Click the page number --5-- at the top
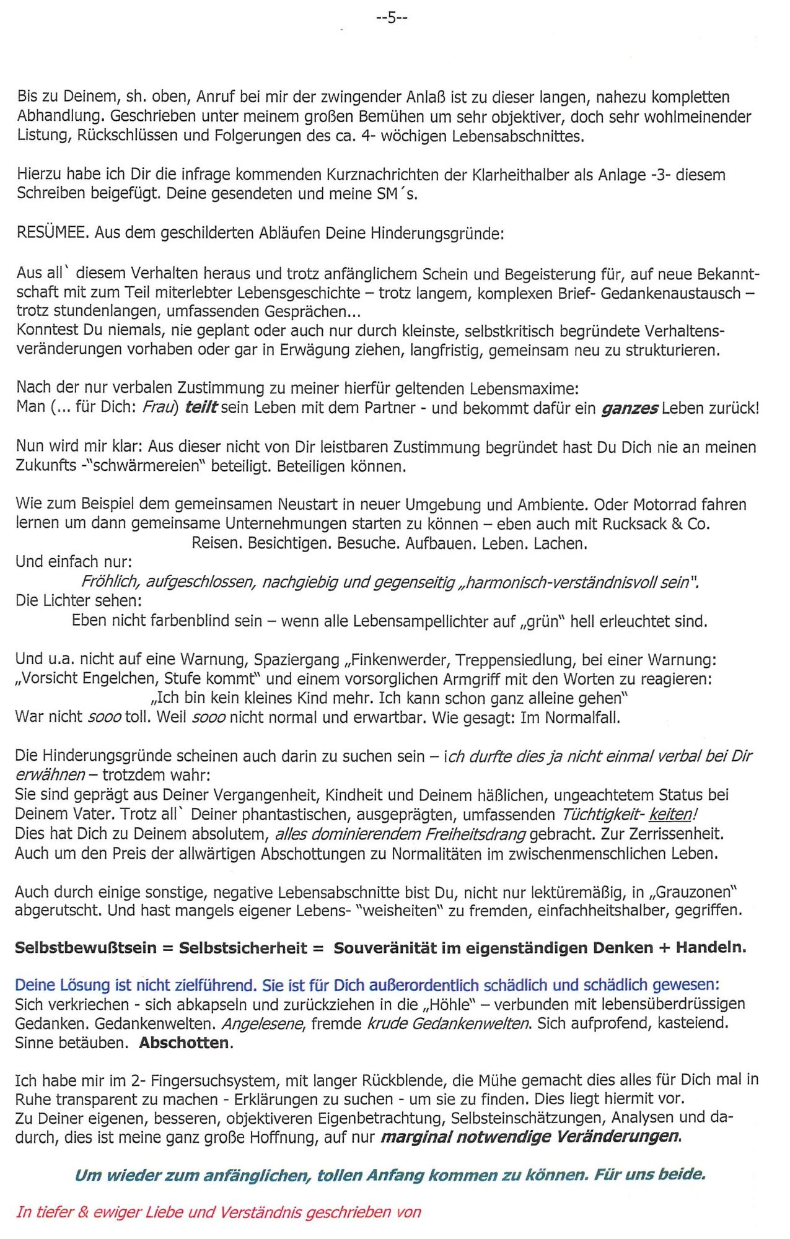(x=392, y=18)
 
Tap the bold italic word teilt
(x=201, y=408)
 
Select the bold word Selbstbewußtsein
(x=86, y=948)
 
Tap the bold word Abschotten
(x=184, y=1043)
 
